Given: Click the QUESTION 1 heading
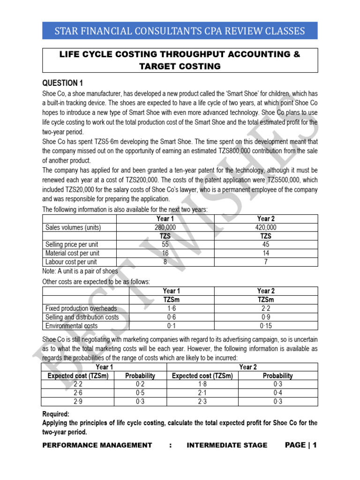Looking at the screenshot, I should click(x=62, y=83).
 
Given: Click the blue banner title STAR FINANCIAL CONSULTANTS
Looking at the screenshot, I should click(x=180, y=31).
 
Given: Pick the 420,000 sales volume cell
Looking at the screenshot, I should click(x=266, y=227).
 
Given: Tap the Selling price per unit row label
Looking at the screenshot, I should click(x=72, y=245).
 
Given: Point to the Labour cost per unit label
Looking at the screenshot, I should click(x=71, y=262).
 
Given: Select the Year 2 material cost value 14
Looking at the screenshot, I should click(x=266, y=253).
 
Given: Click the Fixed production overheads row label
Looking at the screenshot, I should click(x=81, y=308).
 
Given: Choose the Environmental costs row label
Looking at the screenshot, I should click(x=71, y=326).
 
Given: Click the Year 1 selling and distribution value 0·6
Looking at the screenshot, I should click(x=171, y=317).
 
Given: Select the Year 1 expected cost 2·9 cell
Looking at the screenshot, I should click(x=79, y=402).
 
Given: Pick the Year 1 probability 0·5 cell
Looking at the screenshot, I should click(x=140, y=393).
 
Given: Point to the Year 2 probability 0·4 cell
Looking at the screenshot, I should click(x=277, y=393).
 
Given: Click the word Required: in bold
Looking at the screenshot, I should click(x=56, y=414).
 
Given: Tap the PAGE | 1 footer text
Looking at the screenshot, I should click(x=300, y=445).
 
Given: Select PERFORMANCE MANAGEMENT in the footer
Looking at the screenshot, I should click(x=97, y=445).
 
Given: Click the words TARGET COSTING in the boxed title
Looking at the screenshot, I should click(x=180, y=66).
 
